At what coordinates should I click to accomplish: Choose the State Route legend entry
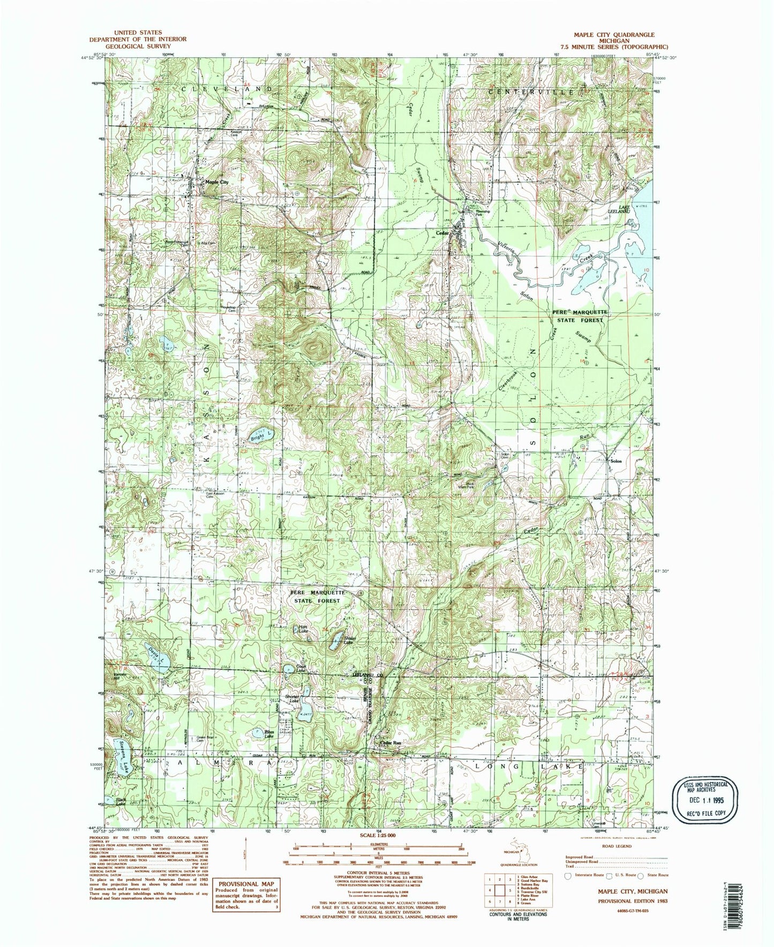[654, 875]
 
